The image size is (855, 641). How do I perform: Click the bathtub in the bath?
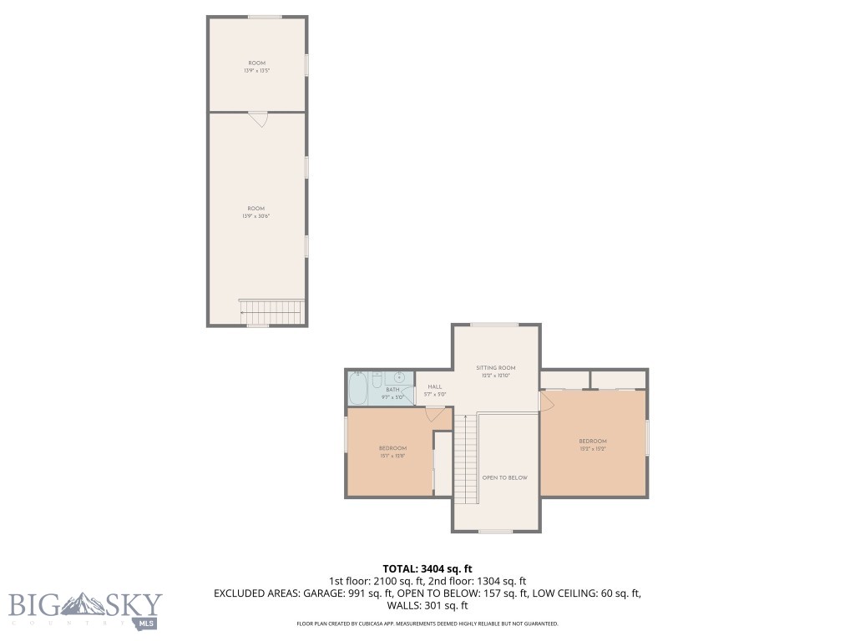point(357,387)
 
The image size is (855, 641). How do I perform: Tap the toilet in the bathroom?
point(377,382)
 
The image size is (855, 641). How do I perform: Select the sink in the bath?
point(399,377)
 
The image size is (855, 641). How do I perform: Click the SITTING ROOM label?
point(495,367)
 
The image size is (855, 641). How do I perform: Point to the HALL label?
point(434,386)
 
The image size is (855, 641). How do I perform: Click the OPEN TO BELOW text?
point(504,477)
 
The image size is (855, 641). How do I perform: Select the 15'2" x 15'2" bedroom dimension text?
point(593,449)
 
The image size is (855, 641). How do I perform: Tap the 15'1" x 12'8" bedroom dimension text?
point(392,456)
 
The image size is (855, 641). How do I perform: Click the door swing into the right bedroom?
point(548,401)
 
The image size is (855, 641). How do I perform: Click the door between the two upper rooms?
point(258,119)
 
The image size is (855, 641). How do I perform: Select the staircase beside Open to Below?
point(466,459)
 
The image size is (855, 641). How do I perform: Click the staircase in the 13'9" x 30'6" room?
point(271,313)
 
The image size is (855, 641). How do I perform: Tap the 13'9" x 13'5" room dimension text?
point(257,71)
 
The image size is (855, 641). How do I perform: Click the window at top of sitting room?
point(493,325)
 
